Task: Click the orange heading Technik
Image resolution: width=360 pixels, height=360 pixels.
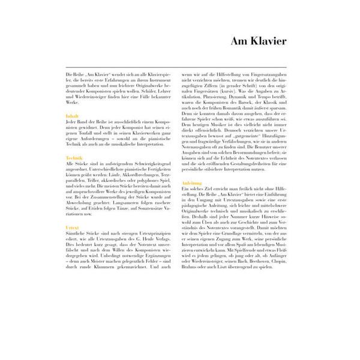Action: [x=74, y=157]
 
